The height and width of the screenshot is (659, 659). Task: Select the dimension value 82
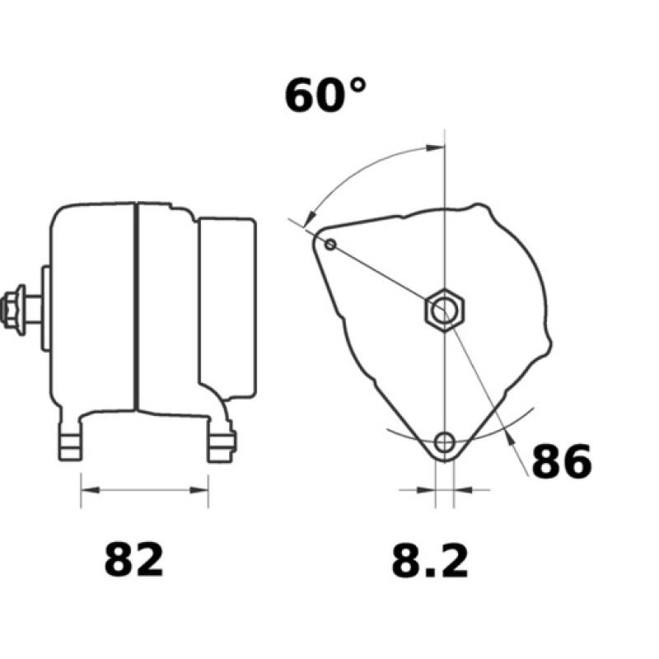tap(134, 560)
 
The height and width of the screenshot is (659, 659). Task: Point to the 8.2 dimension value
tap(429, 561)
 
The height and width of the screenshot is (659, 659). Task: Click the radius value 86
tap(561, 462)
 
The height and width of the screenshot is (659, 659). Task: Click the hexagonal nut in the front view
tap(445, 311)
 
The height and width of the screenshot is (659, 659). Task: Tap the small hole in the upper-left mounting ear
tap(330, 244)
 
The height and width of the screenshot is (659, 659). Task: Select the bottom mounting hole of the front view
tap(445, 442)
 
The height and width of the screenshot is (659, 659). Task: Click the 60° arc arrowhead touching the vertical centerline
tap(437, 148)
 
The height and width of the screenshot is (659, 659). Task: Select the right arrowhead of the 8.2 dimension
tap(461, 490)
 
